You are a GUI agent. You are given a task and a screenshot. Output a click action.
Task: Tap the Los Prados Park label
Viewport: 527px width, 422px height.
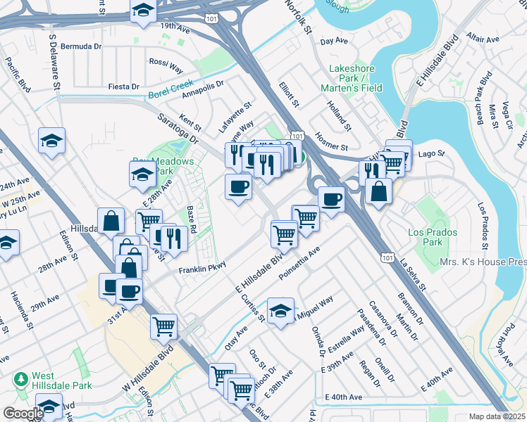[x=433, y=237]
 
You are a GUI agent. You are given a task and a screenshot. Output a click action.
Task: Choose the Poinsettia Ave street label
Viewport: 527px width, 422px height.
[x=299, y=261]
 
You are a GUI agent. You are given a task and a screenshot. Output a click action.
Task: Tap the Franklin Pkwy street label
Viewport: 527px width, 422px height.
[x=201, y=269]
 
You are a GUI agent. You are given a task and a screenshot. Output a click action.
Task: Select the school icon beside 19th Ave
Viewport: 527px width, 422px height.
[x=143, y=10]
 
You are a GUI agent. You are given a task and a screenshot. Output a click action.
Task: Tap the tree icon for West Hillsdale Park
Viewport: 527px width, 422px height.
[x=21, y=379]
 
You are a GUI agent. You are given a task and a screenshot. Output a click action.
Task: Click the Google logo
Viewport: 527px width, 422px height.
[x=23, y=414]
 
